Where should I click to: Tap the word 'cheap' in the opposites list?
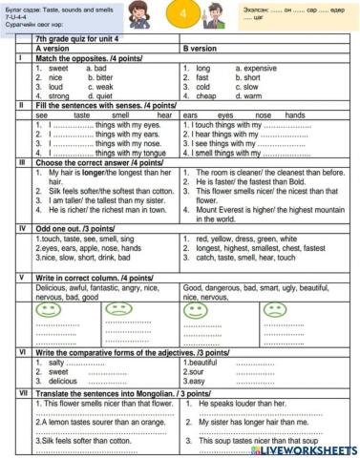205,95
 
